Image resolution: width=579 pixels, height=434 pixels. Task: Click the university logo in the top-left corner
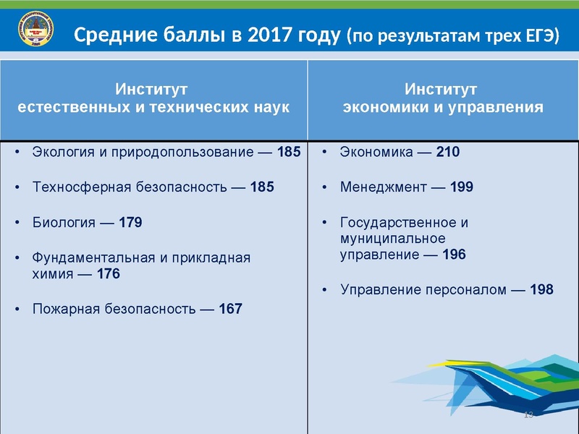point(33,30)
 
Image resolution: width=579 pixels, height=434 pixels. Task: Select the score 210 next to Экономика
point(448,153)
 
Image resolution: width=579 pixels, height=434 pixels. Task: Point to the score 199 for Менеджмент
point(461,187)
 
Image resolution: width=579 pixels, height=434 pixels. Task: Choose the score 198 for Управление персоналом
point(541,290)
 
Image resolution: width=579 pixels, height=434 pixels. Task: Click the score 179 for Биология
point(130,222)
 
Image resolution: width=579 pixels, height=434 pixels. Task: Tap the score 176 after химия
point(108,274)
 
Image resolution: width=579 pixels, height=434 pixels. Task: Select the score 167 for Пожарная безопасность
point(231,309)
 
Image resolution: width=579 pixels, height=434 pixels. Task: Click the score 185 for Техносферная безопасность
point(262,187)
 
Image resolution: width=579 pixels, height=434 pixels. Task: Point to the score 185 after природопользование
point(288,153)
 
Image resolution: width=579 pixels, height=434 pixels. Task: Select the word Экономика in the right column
point(376,153)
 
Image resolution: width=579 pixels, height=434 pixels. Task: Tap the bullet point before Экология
point(17,153)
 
